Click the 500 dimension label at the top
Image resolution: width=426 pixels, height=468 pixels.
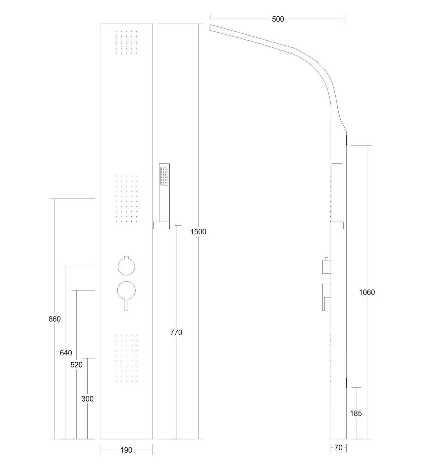pyautogui.click(x=278, y=19)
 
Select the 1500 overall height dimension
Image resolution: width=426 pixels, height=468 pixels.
pyautogui.click(x=198, y=231)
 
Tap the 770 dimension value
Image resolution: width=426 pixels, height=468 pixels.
pyautogui.click(x=176, y=332)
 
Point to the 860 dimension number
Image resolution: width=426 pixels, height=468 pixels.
pyautogui.click(x=55, y=319)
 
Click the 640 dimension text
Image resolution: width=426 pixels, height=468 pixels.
pyautogui.click(x=66, y=353)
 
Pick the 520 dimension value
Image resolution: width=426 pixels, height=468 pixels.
pyautogui.click(x=76, y=365)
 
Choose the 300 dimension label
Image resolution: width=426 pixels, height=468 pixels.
pyautogui.click(x=87, y=399)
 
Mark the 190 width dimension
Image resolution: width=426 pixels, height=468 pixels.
pyautogui.click(x=126, y=450)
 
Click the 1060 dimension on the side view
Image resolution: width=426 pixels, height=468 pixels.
pyautogui.click(x=367, y=292)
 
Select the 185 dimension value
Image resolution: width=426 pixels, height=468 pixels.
pyautogui.click(x=356, y=413)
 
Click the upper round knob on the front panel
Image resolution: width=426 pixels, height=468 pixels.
pyautogui.click(x=126, y=266)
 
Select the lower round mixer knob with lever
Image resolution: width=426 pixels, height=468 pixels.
pyautogui.click(x=126, y=289)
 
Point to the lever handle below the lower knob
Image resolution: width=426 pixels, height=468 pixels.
pyautogui.click(x=126, y=305)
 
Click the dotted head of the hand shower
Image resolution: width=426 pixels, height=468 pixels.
pyautogui.click(x=164, y=176)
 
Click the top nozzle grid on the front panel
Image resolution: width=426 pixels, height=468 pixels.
pyautogui.click(x=126, y=42)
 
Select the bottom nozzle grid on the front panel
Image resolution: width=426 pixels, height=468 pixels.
pyautogui.click(x=126, y=358)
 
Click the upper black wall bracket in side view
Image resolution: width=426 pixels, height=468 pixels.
pyautogui.click(x=347, y=140)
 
